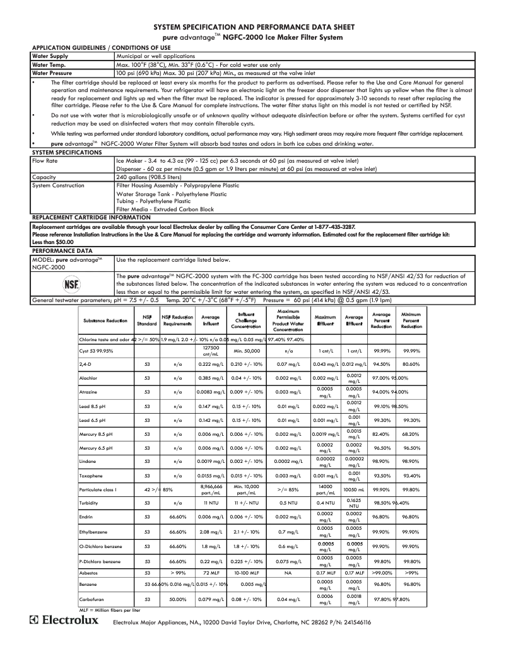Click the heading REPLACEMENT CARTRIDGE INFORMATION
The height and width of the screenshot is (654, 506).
pos(91,217)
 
